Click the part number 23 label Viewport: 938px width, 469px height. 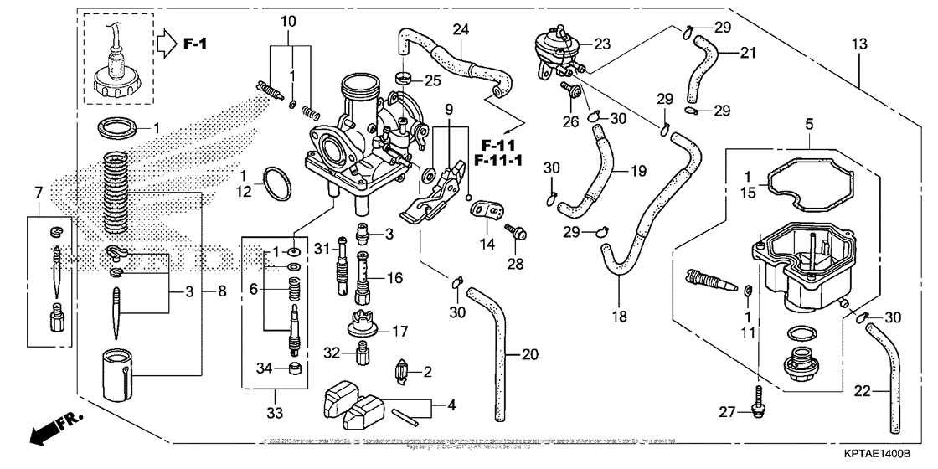click(x=604, y=44)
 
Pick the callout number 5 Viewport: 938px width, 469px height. click(x=809, y=123)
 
